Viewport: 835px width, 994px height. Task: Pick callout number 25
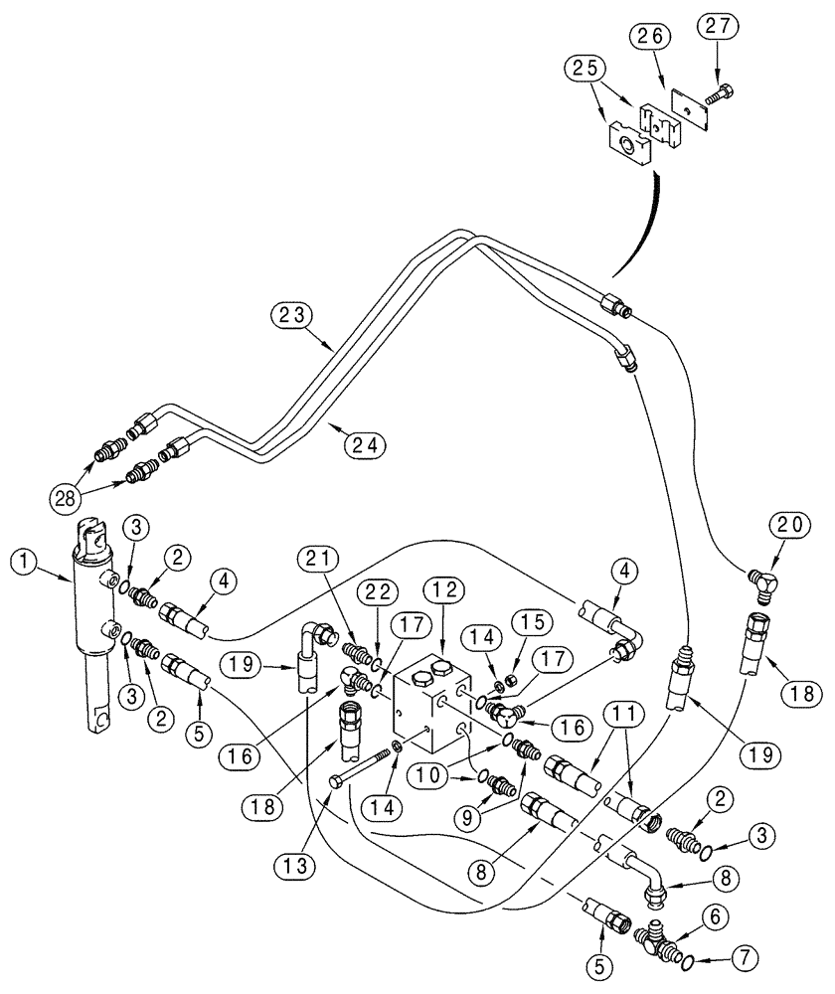pyautogui.click(x=586, y=70)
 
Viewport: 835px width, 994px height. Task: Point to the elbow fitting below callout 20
pyautogui.click(x=763, y=577)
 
